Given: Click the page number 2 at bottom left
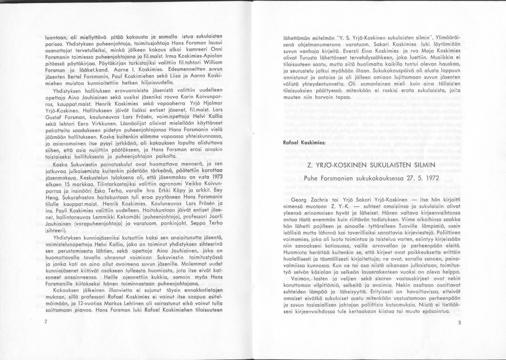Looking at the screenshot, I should tap(46, 321).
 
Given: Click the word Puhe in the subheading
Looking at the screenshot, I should tap(312, 179).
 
